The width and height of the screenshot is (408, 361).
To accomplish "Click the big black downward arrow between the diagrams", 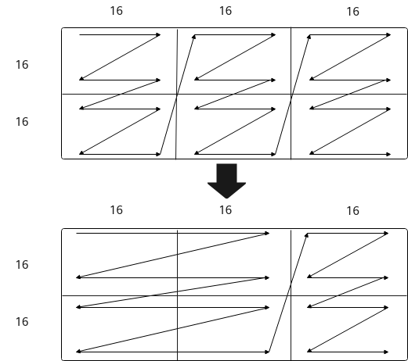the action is [x=226, y=180].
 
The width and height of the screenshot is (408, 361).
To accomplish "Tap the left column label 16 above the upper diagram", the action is [x=117, y=11].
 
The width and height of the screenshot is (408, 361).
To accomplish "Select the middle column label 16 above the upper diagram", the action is [x=226, y=11].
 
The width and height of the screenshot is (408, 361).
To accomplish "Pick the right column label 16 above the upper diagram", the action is [x=353, y=12].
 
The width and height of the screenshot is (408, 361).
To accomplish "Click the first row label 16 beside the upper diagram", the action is [x=22, y=65].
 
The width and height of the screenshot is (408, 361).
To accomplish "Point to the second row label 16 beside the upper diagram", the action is [x=22, y=122].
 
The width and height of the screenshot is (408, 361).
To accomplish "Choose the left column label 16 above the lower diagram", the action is [x=117, y=210].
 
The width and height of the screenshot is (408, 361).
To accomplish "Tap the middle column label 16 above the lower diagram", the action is [x=226, y=210].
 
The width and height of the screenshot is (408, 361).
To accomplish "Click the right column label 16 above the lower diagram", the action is [x=353, y=211].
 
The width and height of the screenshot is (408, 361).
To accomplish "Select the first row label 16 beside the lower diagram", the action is [x=22, y=265].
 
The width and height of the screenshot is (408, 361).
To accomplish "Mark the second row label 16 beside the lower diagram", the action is [x=22, y=322].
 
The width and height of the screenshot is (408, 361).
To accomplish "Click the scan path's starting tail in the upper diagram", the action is [x=80, y=34].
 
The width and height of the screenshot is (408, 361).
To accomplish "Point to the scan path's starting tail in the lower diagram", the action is [x=77, y=234].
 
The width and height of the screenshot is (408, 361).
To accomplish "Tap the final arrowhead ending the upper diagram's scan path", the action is [x=388, y=155].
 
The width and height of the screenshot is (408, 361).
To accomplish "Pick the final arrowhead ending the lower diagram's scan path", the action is [x=386, y=352].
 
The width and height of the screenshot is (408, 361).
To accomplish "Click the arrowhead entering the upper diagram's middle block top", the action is [x=194, y=37].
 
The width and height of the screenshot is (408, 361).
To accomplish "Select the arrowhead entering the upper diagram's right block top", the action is [x=309, y=37].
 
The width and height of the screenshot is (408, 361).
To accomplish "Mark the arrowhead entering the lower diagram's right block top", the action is [x=307, y=235].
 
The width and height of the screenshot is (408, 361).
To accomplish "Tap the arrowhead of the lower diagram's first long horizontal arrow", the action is [x=267, y=234].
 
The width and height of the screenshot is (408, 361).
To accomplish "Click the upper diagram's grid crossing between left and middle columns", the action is [x=177, y=94].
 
